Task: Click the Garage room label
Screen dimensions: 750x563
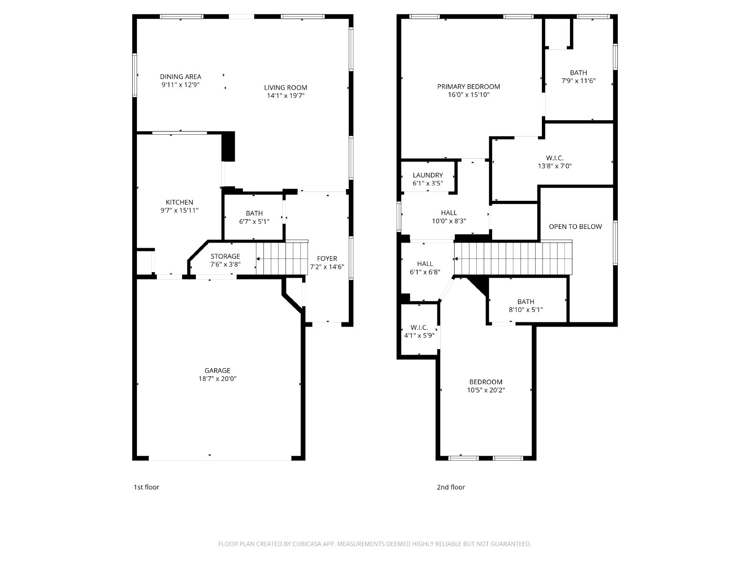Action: (217, 371)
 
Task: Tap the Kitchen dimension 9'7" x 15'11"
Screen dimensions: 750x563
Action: (180, 211)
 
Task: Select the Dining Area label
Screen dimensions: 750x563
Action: (180, 76)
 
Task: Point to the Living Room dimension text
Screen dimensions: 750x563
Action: (285, 96)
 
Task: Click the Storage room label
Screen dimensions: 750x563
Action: (225, 256)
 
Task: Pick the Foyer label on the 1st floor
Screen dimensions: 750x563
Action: (327, 259)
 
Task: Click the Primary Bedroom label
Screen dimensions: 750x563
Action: (468, 87)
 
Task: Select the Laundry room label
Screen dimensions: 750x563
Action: (428, 175)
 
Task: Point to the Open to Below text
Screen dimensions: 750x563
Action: (576, 227)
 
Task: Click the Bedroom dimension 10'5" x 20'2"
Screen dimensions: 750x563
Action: (486, 390)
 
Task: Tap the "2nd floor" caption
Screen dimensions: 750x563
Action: (450, 487)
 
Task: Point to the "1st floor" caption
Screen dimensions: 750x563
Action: (146, 487)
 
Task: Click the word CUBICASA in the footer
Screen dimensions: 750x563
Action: (307, 544)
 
